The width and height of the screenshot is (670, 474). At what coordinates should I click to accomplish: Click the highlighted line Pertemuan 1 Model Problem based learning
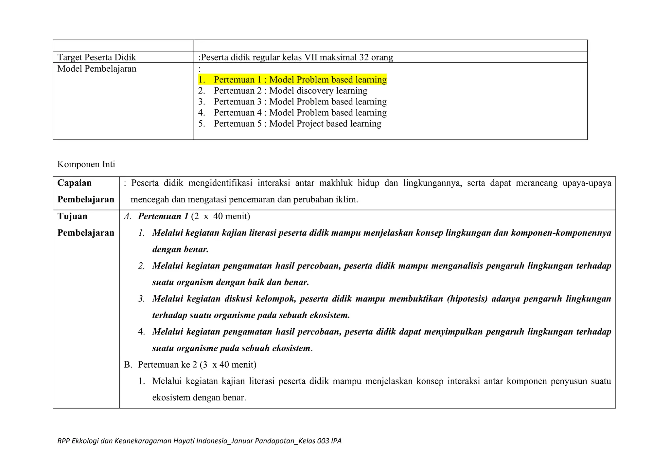tap(292, 80)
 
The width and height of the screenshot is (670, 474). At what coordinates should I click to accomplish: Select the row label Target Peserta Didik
tap(97, 57)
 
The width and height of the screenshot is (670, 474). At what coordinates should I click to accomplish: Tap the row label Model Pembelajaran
tap(97, 69)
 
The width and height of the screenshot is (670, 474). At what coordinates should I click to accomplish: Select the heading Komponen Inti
tap(86, 164)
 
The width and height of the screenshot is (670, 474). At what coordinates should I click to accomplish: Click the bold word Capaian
tap(74, 183)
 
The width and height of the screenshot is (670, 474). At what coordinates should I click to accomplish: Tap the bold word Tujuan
tap(72, 216)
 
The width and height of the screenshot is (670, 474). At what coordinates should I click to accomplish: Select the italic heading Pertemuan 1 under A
tap(163, 216)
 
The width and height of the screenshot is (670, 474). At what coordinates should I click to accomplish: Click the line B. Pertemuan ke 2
tap(190, 365)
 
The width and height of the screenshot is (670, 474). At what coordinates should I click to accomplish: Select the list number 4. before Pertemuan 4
tap(201, 113)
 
